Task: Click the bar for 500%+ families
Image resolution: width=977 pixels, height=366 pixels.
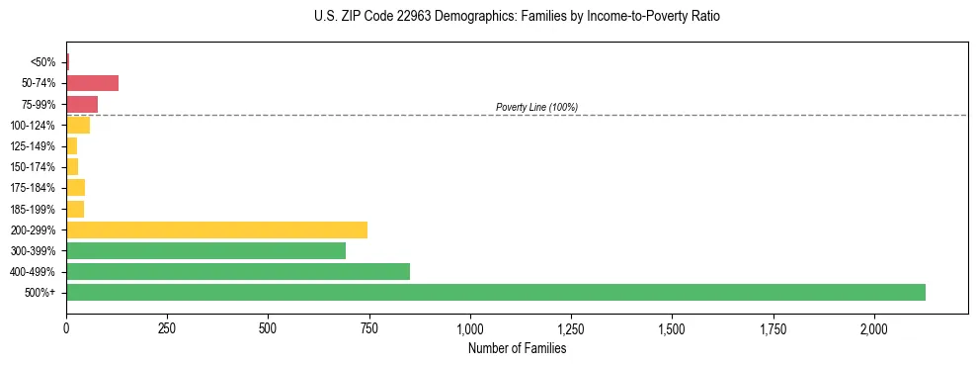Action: pos(495,292)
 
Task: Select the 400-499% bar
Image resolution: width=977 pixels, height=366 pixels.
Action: pos(237,271)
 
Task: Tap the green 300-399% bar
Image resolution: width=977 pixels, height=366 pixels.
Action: pos(205,250)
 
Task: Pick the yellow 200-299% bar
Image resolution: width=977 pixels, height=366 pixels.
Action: pos(216,229)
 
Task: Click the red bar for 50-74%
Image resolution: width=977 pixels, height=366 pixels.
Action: pos(92,83)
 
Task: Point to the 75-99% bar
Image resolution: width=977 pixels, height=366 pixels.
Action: pos(82,104)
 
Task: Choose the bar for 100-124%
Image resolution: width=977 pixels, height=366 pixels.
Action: pos(78,125)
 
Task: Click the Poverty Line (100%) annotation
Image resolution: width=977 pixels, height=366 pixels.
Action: pos(536,107)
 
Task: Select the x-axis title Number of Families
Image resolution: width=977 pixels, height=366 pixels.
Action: pos(517,348)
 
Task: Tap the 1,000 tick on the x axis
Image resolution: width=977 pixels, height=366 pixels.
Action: pos(470,327)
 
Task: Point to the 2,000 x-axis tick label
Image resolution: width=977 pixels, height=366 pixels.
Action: pos(874,327)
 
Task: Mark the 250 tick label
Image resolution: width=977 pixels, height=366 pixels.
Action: pos(167,327)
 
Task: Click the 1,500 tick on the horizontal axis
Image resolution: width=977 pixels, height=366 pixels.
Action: pos(672,327)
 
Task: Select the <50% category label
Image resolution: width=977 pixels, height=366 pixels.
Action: pos(43,62)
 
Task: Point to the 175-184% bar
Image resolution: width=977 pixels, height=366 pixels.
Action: pos(75,188)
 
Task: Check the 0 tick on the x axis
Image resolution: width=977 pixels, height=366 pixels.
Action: pos(66,327)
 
